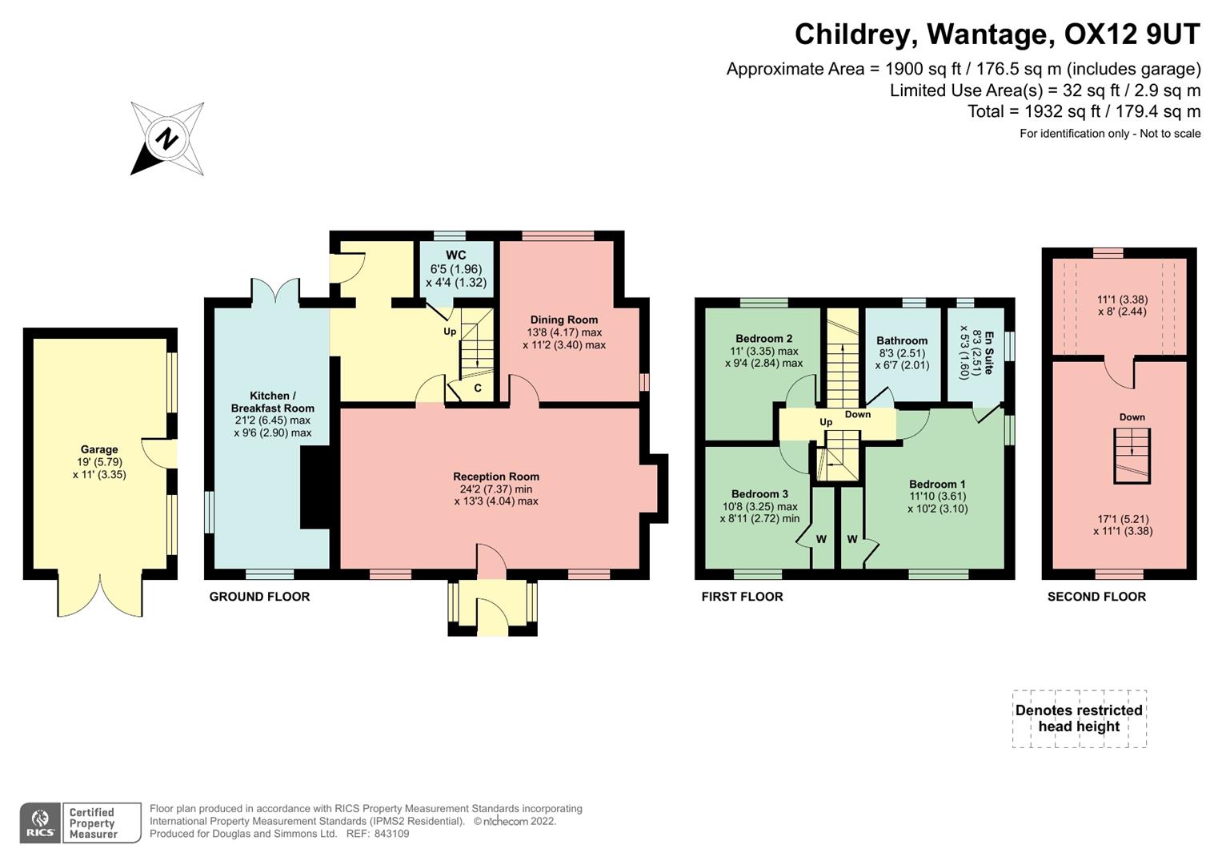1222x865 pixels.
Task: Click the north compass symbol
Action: (166, 139)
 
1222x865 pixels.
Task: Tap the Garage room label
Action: (99, 449)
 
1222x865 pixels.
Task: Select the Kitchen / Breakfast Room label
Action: (272, 402)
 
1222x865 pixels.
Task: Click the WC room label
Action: (456, 256)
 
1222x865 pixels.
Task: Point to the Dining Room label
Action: (563, 320)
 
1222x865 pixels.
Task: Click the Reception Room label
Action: (496, 477)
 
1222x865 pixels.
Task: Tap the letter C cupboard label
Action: (478, 388)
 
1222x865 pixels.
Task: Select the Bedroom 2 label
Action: (763, 339)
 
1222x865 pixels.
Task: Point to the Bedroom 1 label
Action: (937, 484)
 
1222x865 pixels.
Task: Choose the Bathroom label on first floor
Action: (902, 340)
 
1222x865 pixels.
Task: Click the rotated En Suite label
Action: (988, 352)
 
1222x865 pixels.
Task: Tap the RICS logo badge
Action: (40, 823)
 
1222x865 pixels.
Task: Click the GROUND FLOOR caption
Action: (259, 597)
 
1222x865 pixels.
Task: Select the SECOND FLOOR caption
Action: (1096, 597)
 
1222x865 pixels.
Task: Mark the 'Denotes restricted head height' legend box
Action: (1079, 718)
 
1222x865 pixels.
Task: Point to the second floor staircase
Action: (1132, 456)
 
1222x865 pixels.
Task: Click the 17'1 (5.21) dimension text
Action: (1122, 519)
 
